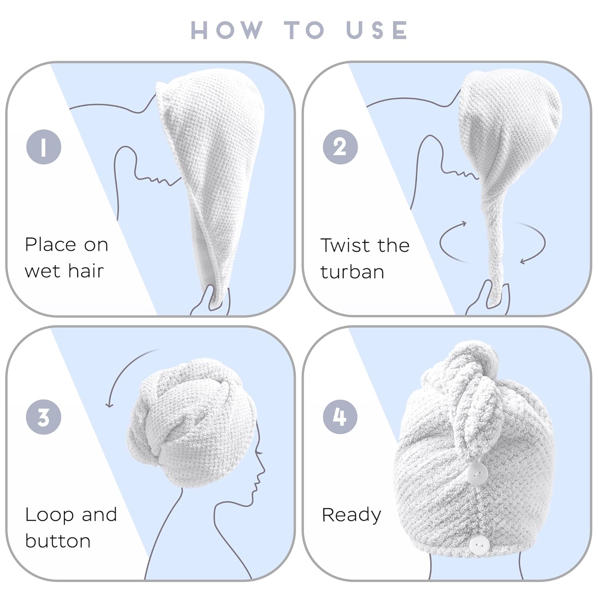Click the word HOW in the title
(x=227, y=30)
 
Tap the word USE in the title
(x=377, y=30)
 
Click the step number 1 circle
(x=44, y=147)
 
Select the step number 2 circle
(x=340, y=147)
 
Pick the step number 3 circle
(x=43, y=417)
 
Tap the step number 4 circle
(x=340, y=417)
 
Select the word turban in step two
(x=352, y=272)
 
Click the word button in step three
(x=58, y=541)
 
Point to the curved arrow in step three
(x=120, y=367)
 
